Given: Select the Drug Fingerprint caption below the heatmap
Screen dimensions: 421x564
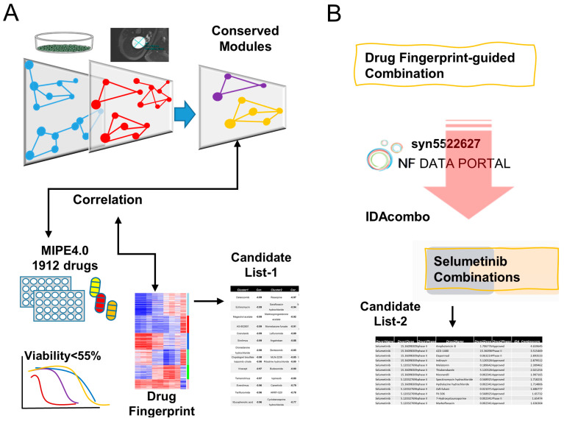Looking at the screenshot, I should point(168,402).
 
